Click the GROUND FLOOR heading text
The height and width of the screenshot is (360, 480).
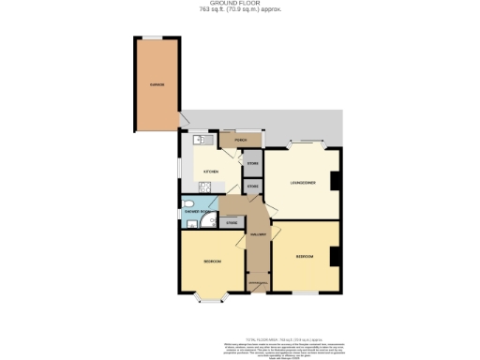pyautogui.click(x=239, y=5)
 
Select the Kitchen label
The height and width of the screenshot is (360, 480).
pyautogui.click(x=212, y=172)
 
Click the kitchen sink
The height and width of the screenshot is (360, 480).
pyautogui.click(x=199, y=142)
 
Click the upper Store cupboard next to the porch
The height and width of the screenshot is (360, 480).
pyautogui.click(x=252, y=164)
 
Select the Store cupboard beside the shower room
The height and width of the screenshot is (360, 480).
pyautogui.click(x=231, y=223)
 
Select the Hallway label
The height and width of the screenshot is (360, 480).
pyautogui.click(x=259, y=233)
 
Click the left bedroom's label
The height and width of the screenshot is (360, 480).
pyautogui.click(x=211, y=261)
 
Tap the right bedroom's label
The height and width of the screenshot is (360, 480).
pyautogui.click(x=305, y=255)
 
